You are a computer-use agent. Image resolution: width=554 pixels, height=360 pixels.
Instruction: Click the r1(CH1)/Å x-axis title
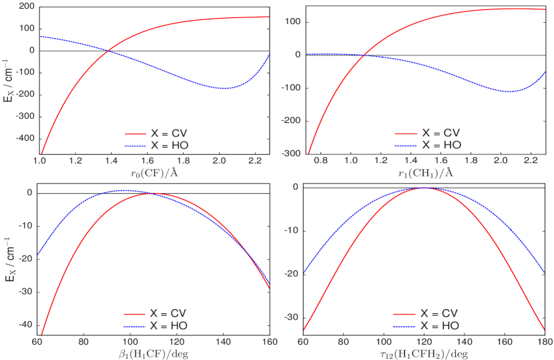(424, 172)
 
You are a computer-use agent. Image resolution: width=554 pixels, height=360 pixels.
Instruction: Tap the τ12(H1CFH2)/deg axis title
(423, 353)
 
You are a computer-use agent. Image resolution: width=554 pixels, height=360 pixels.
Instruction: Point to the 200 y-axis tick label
(27, 6)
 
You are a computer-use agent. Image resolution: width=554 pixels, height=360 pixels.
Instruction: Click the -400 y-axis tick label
(26, 138)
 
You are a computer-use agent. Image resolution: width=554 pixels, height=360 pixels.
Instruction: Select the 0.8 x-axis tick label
(321, 161)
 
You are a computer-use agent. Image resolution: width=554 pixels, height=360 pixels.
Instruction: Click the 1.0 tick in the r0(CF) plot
(40, 161)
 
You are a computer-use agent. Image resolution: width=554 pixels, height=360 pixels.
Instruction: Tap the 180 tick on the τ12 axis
(545, 341)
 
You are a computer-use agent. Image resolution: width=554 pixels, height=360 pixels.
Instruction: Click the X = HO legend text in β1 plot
(168, 325)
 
